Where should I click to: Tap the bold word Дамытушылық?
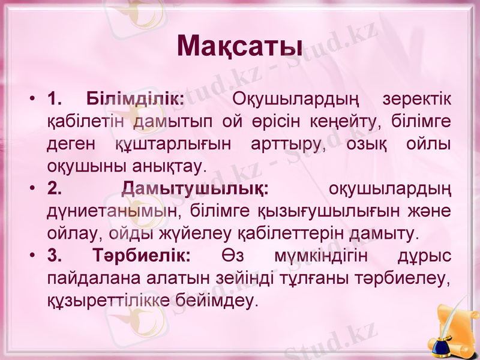196,189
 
